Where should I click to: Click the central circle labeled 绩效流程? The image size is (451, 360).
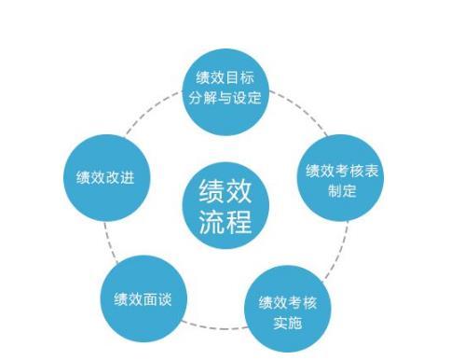(x=225, y=207)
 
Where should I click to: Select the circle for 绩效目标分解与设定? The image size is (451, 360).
(x=227, y=87)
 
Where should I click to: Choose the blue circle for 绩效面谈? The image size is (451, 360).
(x=143, y=300)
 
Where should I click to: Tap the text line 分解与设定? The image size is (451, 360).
(x=227, y=97)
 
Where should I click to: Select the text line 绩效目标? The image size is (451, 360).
(x=227, y=76)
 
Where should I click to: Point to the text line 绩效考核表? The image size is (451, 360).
(x=342, y=171)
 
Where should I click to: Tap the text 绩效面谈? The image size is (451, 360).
(x=143, y=300)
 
